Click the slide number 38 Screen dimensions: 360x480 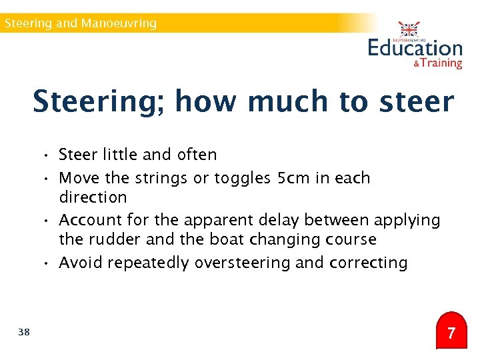click(24, 332)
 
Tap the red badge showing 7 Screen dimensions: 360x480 click(451, 332)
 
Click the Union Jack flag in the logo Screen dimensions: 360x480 click(409, 30)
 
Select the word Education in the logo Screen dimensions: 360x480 click(415, 48)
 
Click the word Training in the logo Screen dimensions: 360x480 click(441, 63)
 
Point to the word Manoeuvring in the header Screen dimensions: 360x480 click(119, 23)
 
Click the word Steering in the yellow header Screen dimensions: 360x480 click(28, 23)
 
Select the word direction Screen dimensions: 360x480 click(93, 197)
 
